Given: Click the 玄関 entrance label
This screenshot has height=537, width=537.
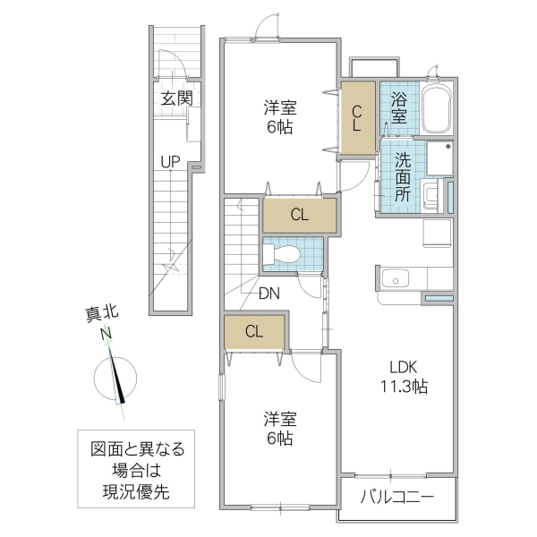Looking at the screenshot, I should click(176, 98).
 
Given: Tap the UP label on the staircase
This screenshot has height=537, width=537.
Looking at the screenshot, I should click(169, 162).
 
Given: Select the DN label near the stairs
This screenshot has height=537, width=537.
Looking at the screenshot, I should click(268, 293).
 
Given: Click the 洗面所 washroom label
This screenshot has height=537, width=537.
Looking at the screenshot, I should click(403, 175).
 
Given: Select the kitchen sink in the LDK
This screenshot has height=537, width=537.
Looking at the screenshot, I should click(395, 281).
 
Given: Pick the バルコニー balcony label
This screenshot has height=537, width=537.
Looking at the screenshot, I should click(397, 498).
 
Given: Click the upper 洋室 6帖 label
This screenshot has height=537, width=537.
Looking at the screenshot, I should click(280, 117).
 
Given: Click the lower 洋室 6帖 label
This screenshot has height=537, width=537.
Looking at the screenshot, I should click(280, 428).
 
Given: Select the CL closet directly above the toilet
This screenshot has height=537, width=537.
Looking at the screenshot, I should click(299, 216).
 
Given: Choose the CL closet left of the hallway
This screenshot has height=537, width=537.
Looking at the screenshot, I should click(254, 331).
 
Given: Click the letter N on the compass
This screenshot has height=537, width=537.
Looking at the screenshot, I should click(106, 335).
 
